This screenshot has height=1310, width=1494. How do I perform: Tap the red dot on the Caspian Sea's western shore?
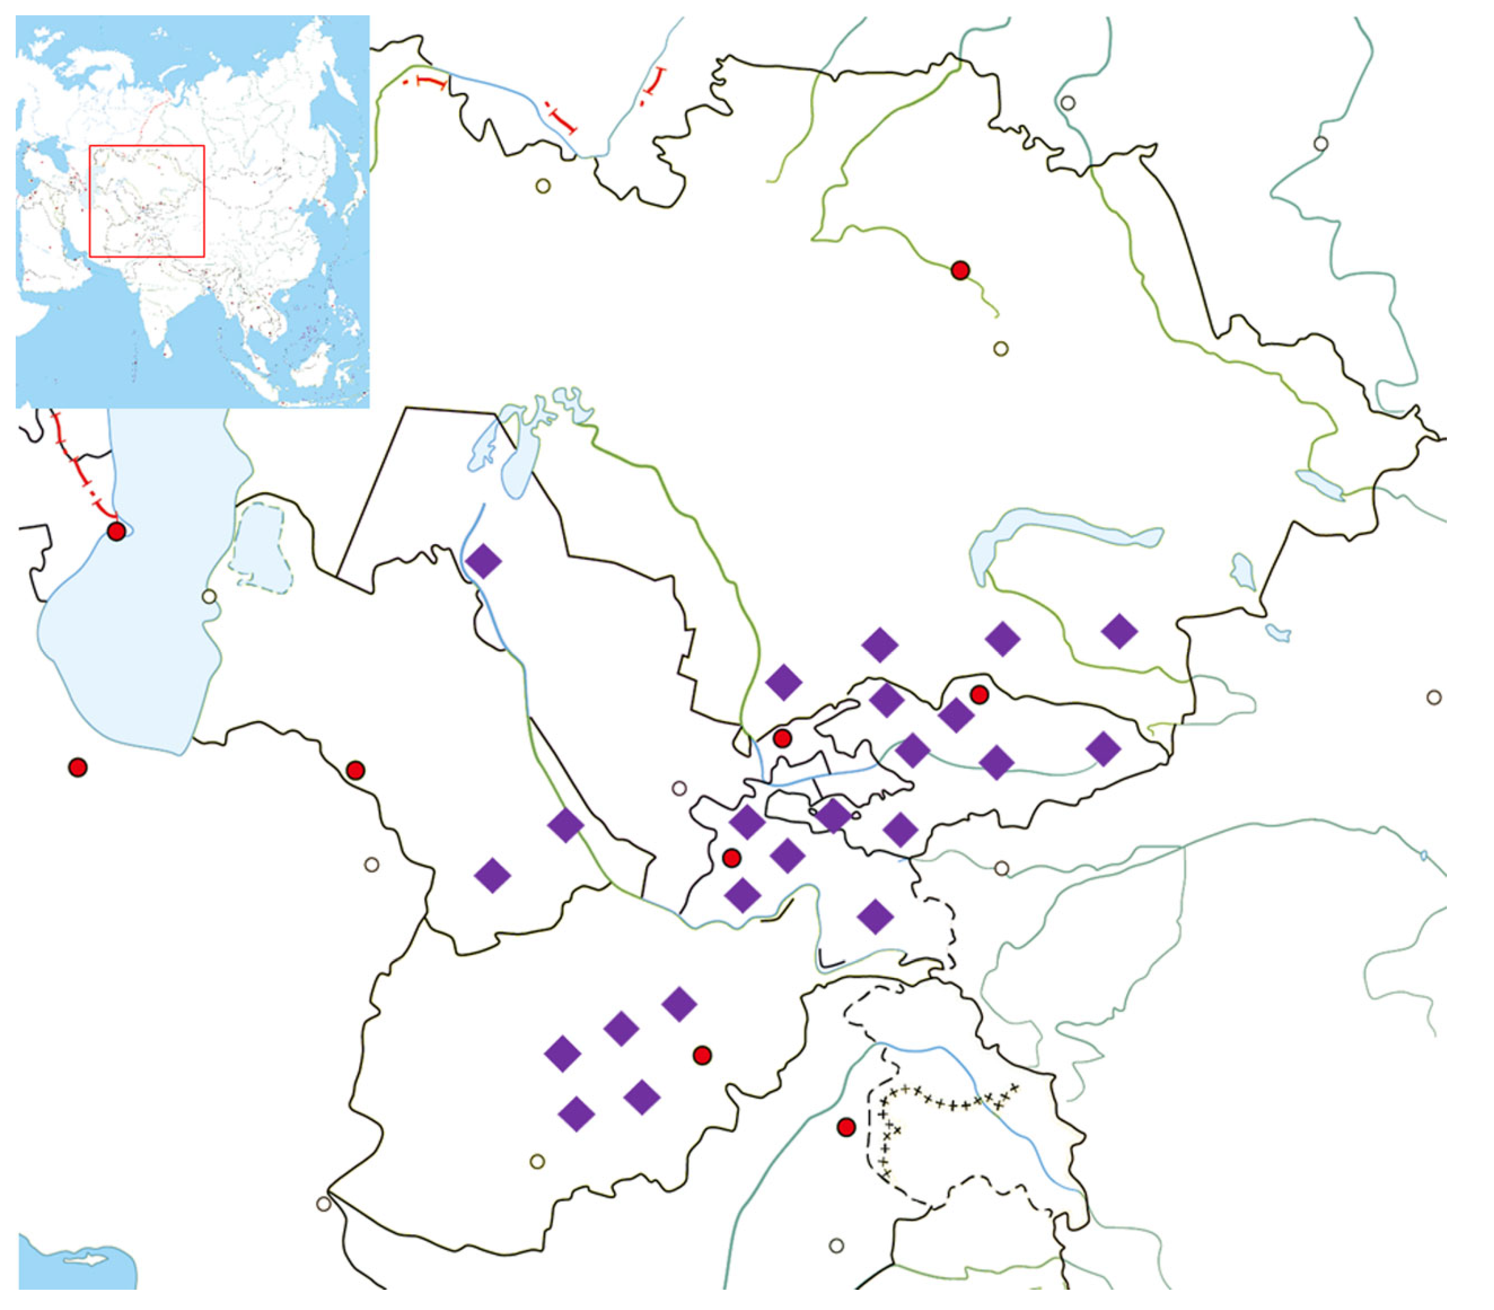click(x=115, y=531)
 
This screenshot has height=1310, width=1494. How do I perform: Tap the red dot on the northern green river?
click(x=960, y=270)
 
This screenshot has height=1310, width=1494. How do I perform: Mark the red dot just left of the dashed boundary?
click(x=846, y=1126)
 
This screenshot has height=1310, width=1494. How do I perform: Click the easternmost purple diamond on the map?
click(x=1119, y=631)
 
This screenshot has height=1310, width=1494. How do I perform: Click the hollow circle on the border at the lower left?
click(x=324, y=1203)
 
